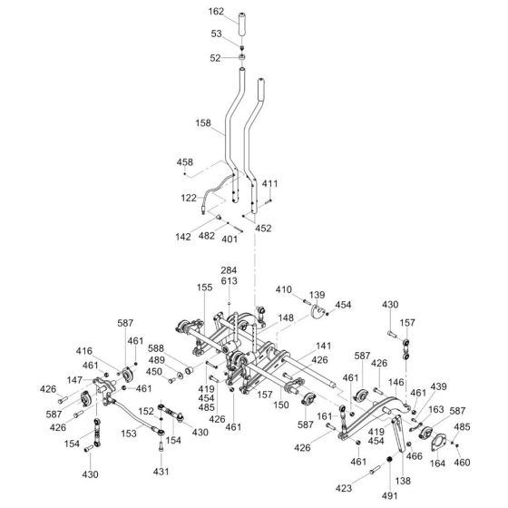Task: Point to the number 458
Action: pyautogui.click(x=185, y=162)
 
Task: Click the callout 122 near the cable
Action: pyautogui.click(x=189, y=197)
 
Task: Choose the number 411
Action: pyautogui.click(x=269, y=184)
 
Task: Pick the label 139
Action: pyautogui.click(x=317, y=296)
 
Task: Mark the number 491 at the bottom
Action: pyautogui.click(x=389, y=495)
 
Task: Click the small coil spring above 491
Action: pyautogui.click(x=389, y=466)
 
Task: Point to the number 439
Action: pyautogui.click(x=438, y=386)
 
